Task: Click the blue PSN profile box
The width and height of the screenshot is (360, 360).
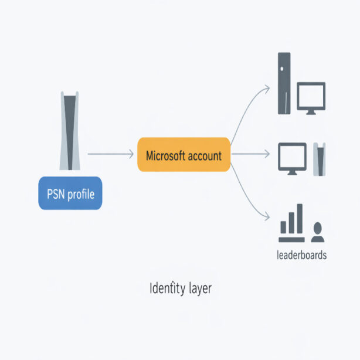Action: (x=70, y=192)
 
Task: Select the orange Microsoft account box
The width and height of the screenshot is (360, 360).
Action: (x=184, y=155)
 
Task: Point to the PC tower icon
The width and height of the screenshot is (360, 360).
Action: (x=284, y=83)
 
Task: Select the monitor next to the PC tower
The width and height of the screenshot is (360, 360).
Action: (x=311, y=97)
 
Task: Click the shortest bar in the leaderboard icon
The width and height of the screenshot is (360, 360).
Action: (x=283, y=227)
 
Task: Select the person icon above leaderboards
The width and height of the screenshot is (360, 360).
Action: (x=318, y=232)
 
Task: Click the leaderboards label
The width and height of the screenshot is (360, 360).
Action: (x=301, y=256)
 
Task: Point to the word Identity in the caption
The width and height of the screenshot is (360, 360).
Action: (x=166, y=288)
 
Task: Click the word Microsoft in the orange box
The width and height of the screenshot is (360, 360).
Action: (x=167, y=155)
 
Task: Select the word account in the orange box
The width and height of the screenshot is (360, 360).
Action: (x=205, y=155)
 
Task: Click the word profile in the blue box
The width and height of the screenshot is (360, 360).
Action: (x=80, y=193)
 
